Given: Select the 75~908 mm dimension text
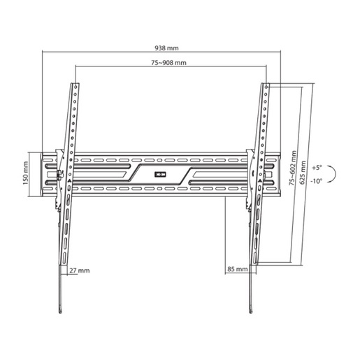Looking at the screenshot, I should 168,63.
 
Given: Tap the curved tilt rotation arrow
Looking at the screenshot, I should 334,174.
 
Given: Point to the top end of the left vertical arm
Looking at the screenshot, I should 73,85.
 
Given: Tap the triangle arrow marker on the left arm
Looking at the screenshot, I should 70,180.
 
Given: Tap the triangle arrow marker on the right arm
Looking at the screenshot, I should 259,180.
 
